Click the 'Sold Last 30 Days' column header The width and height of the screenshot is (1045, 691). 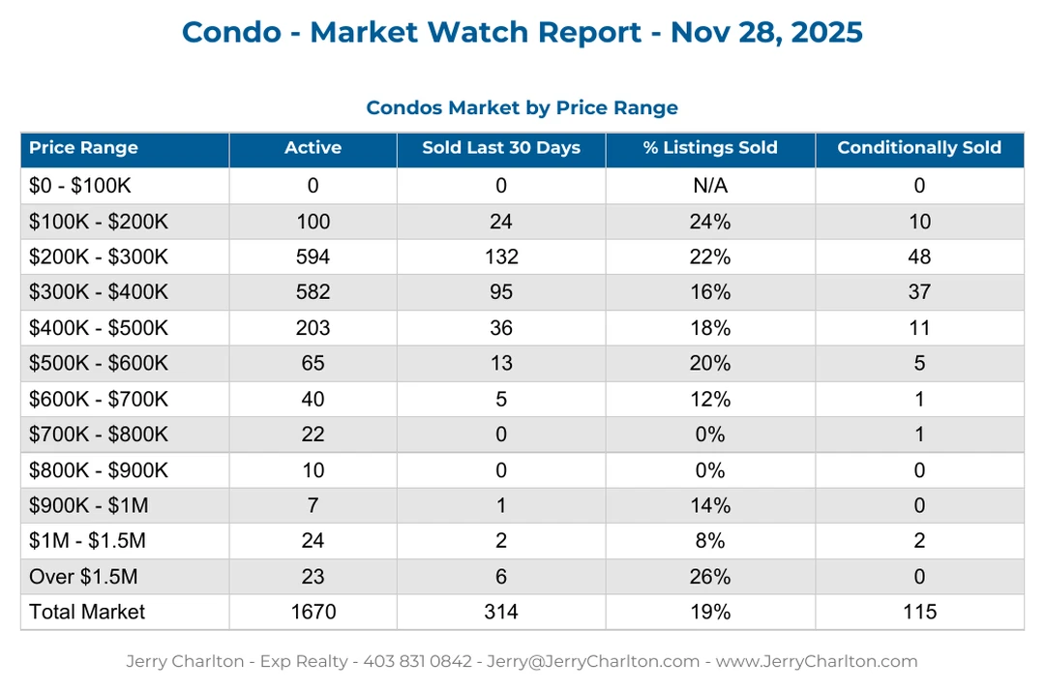[x=501, y=148]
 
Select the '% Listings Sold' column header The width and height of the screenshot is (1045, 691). [x=710, y=148]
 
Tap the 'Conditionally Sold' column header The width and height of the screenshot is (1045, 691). [x=919, y=148]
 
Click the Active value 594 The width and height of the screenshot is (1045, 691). [x=313, y=257]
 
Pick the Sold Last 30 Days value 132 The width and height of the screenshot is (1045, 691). [x=501, y=257]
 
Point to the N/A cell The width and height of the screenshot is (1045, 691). [x=710, y=186]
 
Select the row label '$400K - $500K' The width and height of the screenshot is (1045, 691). [x=99, y=328]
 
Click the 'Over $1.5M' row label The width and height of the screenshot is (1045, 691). [x=83, y=577]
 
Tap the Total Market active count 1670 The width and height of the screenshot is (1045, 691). [x=313, y=612]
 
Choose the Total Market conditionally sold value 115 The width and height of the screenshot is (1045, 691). [x=919, y=612]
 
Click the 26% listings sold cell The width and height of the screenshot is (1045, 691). [x=710, y=577]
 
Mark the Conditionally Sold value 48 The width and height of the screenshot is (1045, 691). [x=919, y=257]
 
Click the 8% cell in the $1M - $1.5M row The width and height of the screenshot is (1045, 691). [x=710, y=541]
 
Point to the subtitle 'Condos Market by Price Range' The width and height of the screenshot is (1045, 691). [x=522, y=107]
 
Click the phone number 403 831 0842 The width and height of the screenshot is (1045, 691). [x=417, y=662]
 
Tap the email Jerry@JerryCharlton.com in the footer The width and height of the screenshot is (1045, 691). [x=593, y=662]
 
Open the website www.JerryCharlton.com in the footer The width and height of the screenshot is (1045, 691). [x=816, y=662]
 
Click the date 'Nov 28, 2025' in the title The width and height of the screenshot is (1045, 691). [x=766, y=32]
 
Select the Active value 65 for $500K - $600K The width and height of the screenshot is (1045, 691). [x=313, y=364]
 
